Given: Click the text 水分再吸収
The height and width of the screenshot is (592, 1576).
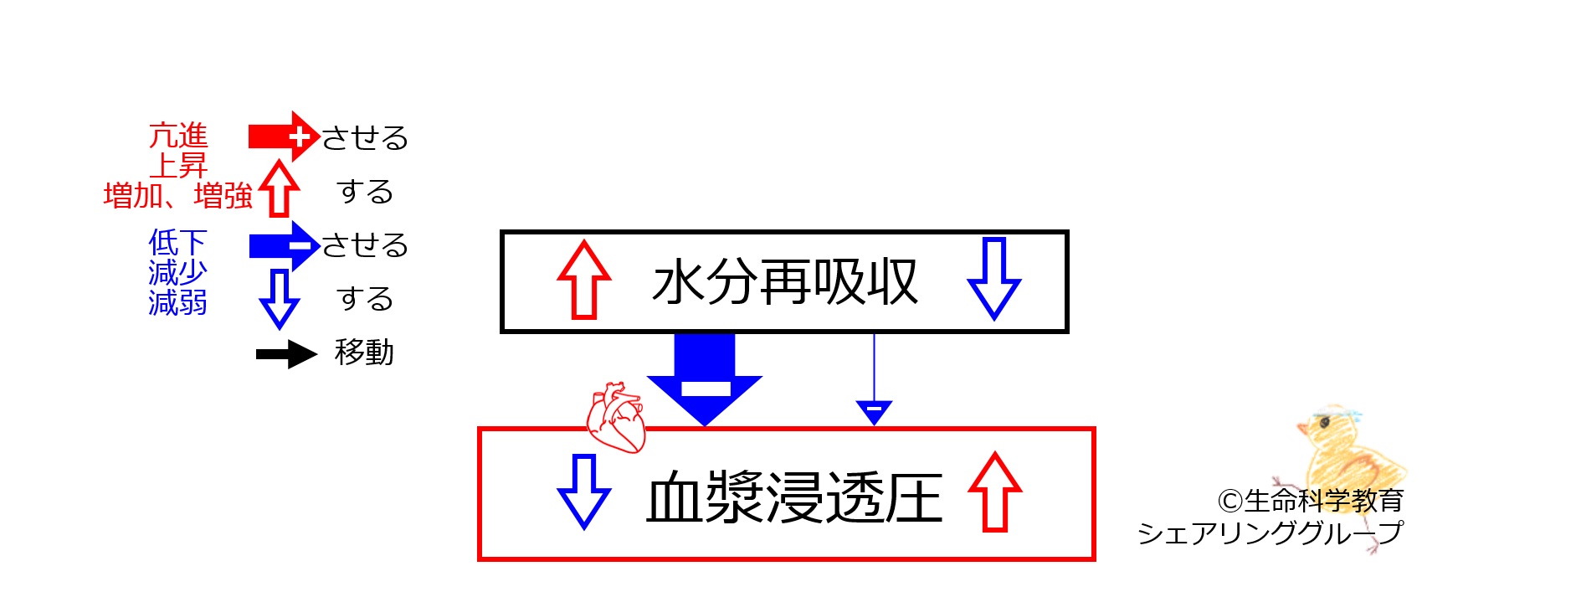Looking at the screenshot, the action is [x=785, y=282].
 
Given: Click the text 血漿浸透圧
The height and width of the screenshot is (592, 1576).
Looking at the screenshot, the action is [x=794, y=497].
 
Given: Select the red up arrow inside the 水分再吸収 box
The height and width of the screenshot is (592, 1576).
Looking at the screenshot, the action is [x=584, y=280].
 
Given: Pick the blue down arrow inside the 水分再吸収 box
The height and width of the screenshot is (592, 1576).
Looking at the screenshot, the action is [x=993, y=279].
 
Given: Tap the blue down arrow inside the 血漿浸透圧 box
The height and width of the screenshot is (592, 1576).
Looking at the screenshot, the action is [x=583, y=492].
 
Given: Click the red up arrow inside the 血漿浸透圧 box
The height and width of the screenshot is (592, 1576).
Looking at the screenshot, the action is [x=995, y=492].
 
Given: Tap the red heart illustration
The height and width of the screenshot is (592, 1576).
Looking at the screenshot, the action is [x=616, y=418].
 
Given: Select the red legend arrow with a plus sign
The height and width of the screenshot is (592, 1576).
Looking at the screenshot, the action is [x=285, y=136].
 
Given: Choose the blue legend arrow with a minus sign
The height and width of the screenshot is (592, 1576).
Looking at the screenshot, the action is [x=285, y=245].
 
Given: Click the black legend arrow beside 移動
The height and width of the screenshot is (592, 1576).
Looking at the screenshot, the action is [x=286, y=354].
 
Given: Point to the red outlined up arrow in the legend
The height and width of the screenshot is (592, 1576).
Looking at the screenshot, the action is [x=279, y=188].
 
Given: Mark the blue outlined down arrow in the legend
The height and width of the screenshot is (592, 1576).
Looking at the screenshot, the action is [x=279, y=298].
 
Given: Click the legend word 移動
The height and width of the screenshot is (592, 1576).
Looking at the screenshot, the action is [x=364, y=353].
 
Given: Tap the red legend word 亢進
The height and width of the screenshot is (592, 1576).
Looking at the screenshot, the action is [x=178, y=136].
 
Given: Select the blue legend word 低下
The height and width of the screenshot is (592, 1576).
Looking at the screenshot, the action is [x=177, y=243].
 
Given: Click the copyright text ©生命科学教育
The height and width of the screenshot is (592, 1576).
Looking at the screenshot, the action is [x=1311, y=501].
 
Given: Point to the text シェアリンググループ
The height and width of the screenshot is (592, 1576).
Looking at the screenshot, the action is [x=1270, y=533].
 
